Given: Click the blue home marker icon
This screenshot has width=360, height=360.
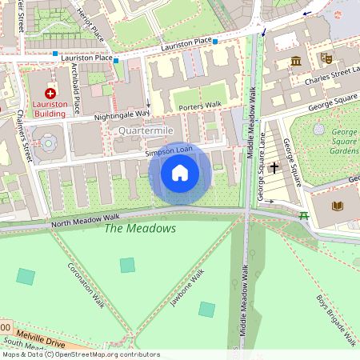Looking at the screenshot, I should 180,173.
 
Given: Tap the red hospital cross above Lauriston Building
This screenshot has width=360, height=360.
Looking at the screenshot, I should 50,94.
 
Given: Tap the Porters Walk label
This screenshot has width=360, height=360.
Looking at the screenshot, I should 199,106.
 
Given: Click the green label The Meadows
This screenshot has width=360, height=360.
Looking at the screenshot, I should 140,229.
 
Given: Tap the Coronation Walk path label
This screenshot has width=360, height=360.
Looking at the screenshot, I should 86,285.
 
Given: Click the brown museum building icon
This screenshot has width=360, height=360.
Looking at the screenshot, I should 296,61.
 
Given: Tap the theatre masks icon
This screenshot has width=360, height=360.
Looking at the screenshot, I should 326,58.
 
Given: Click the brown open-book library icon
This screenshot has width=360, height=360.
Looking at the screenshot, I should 337,206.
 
